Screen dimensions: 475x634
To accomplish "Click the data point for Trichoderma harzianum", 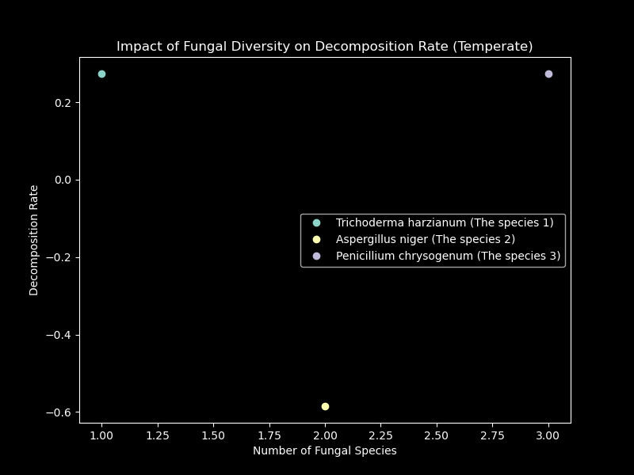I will point(101,74).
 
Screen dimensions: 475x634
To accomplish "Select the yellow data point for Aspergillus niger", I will point(325,406).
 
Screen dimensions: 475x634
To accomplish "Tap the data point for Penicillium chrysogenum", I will point(548,74).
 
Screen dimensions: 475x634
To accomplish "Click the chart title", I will point(325,47).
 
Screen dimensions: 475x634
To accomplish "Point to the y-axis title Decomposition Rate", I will point(34,240).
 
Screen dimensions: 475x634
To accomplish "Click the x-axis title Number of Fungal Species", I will point(325,450).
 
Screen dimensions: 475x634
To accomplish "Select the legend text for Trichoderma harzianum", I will point(445,222).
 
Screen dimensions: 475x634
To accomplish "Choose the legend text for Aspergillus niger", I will point(425,239).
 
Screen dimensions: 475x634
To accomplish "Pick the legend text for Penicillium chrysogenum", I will point(448,256).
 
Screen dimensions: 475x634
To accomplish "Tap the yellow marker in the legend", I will point(316,239).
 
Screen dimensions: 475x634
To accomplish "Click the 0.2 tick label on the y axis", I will point(63,103).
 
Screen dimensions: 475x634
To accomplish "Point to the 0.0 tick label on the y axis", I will point(63,180).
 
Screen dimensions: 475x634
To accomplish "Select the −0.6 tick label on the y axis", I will point(60,412).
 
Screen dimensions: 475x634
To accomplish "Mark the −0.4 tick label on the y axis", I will point(60,335).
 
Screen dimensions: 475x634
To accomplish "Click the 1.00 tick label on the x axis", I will point(101,435).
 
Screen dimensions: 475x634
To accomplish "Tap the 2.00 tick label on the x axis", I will point(325,435).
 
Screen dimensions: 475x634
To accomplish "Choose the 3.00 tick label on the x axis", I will point(548,435).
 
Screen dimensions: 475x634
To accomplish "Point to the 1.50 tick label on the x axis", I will point(213,435).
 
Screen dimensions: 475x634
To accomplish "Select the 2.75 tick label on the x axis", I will point(492,435).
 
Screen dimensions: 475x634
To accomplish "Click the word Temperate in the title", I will point(499,47).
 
